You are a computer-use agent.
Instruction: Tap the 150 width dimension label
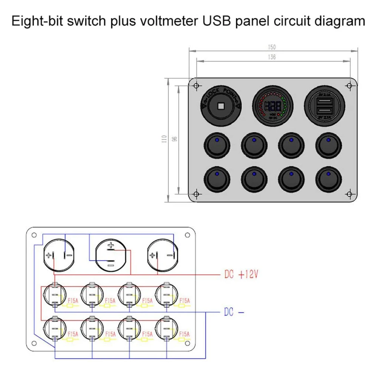coord(272,47)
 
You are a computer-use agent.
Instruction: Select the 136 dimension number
coord(272,57)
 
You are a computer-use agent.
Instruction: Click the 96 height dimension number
coord(174,139)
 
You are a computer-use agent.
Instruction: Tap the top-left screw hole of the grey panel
coord(196,86)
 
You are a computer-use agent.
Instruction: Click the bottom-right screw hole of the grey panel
coord(349,194)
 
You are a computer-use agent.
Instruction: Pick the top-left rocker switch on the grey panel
coord(217,145)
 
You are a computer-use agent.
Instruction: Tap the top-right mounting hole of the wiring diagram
coord(187,235)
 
